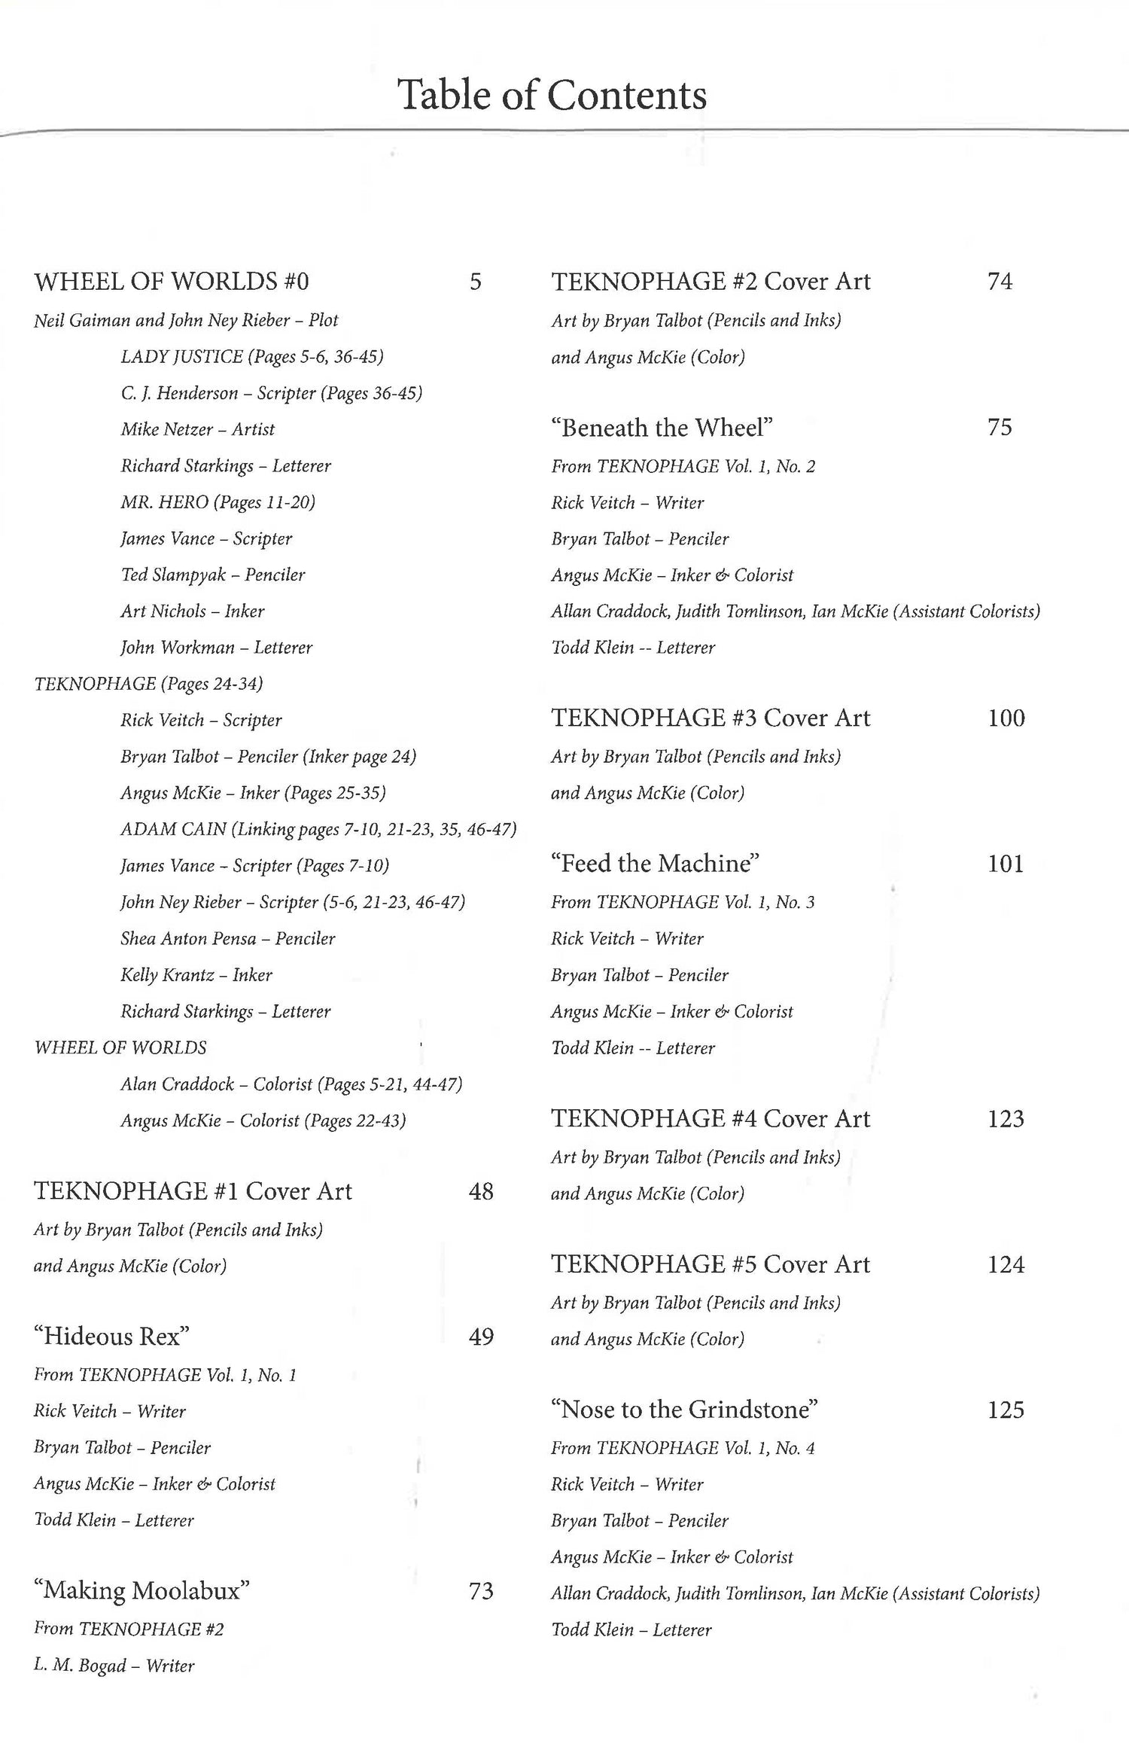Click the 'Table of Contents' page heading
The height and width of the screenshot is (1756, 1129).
pyautogui.click(x=552, y=95)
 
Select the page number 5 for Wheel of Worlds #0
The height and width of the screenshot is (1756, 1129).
pyautogui.click(x=475, y=282)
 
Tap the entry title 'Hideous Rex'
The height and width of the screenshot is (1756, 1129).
pyautogui.click(x=111, y=1336)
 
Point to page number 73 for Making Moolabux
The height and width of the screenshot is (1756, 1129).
pyautogui.click(x=481, y=1590)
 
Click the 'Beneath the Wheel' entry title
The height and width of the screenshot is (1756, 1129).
pyautogui.click(x=662, y=428)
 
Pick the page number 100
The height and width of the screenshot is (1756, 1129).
pyautogui.click(x=1006, y=718)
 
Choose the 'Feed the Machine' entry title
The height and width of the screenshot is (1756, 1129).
pyautogui.click(x=655, y=863)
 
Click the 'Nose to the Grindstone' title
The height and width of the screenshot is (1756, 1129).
pyautogui.click(x=684, y=1409)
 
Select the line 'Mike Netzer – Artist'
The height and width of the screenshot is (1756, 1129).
pyautogui.click(x=198, y=429)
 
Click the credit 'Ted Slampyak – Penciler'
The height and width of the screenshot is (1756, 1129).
pyautogui.click(x=213, y=575)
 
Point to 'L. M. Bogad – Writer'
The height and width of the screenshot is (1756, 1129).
pyautogui.click(x=114, y=1665)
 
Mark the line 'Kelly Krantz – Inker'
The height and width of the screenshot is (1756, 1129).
pyautogui.click(x=196, y=974)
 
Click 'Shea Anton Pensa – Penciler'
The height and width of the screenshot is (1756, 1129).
pyautogui.click(x=228, y=938)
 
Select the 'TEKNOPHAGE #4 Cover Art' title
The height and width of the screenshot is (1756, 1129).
pyautogui.click(x=710, y=1118)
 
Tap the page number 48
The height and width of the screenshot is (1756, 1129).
pyautogui.click(x=481, y=1190)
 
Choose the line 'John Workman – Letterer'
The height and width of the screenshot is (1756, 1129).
pyautogui.click(x=217, y=647)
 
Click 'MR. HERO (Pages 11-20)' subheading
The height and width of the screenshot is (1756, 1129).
pyautogui.click(x=218, y=502)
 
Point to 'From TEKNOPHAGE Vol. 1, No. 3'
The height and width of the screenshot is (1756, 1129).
pyautogui.click(x=683, y=902)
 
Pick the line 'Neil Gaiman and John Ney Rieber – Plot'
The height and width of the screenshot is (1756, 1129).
pyautogui.click(x=186, y=320)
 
